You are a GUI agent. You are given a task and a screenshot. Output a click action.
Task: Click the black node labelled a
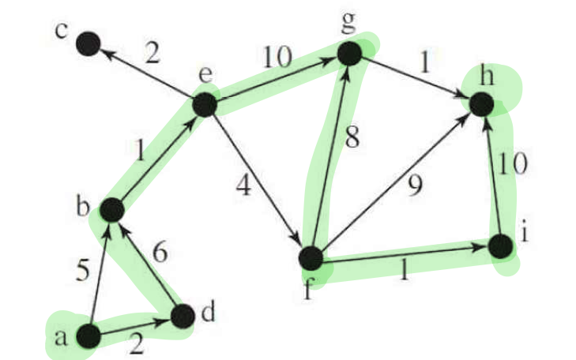click(88, 336)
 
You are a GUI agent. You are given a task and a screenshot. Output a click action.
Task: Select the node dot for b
click(112, 209)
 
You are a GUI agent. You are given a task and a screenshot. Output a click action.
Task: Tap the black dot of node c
click(88, 45)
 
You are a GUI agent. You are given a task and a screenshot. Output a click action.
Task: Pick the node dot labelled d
click(183, 316)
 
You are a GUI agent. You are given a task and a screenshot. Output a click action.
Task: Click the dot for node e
click(204, 103)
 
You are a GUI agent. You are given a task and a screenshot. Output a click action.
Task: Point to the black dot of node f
click(311, 258)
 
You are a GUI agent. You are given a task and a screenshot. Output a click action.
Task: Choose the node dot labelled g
click(350, 53)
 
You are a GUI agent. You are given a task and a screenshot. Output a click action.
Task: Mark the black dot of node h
click(482, 103)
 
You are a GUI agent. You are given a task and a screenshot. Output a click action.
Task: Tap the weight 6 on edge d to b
click(160, 254)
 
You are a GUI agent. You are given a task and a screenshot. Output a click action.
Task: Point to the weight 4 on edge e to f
click(243, 189)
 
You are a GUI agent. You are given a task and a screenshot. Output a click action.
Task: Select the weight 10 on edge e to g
click(277, 57)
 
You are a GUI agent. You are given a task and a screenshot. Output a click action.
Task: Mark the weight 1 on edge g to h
click(426, 62)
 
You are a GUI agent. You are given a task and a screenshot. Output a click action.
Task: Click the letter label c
click(60, 32)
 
